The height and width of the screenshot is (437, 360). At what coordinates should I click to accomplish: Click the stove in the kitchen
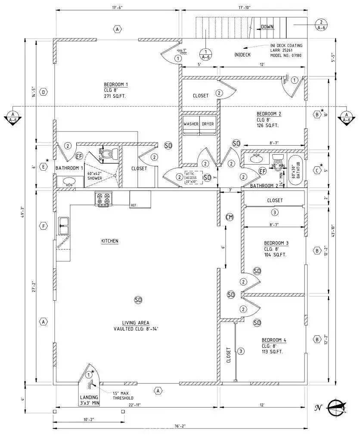(x=103, y=199)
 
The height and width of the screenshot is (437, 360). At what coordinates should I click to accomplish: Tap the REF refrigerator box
(x=140, y=199)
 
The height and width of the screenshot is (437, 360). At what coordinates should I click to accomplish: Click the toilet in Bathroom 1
(x=113, y=154)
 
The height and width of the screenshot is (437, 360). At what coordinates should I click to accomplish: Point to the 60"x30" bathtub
(x=295, y=170)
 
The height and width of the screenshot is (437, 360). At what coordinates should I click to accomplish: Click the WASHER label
(x=191, y=124)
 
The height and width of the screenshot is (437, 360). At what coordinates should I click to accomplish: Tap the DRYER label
(x=208, y=124)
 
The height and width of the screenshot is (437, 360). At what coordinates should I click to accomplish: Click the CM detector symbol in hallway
(x=230, y=217)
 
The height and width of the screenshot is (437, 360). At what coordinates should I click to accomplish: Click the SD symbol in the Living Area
(x=138, y=300)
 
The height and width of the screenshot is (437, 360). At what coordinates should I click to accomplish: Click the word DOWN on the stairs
(x=267, y=27)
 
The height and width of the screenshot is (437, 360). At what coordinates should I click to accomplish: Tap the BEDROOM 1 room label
(x=116, y=84)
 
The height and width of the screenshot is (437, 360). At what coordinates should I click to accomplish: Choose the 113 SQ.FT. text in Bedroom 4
(x=272, y=352)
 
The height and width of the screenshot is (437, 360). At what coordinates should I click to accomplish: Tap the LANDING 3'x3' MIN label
(x=89, y=400)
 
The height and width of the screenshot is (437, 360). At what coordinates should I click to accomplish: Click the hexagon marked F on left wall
(x=43, y=226)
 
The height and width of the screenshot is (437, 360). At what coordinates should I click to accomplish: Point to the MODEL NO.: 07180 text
(x=286, y=56)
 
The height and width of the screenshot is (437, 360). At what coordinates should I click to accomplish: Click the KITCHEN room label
(x=109, y=241)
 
